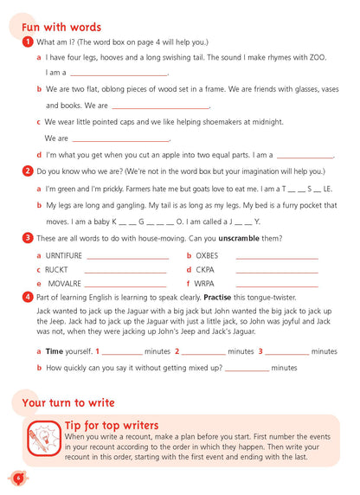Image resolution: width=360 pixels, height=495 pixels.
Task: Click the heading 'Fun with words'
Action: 61,28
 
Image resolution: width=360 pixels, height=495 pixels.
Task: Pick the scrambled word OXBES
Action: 208,255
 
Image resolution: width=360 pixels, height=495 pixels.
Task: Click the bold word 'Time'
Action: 55,351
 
